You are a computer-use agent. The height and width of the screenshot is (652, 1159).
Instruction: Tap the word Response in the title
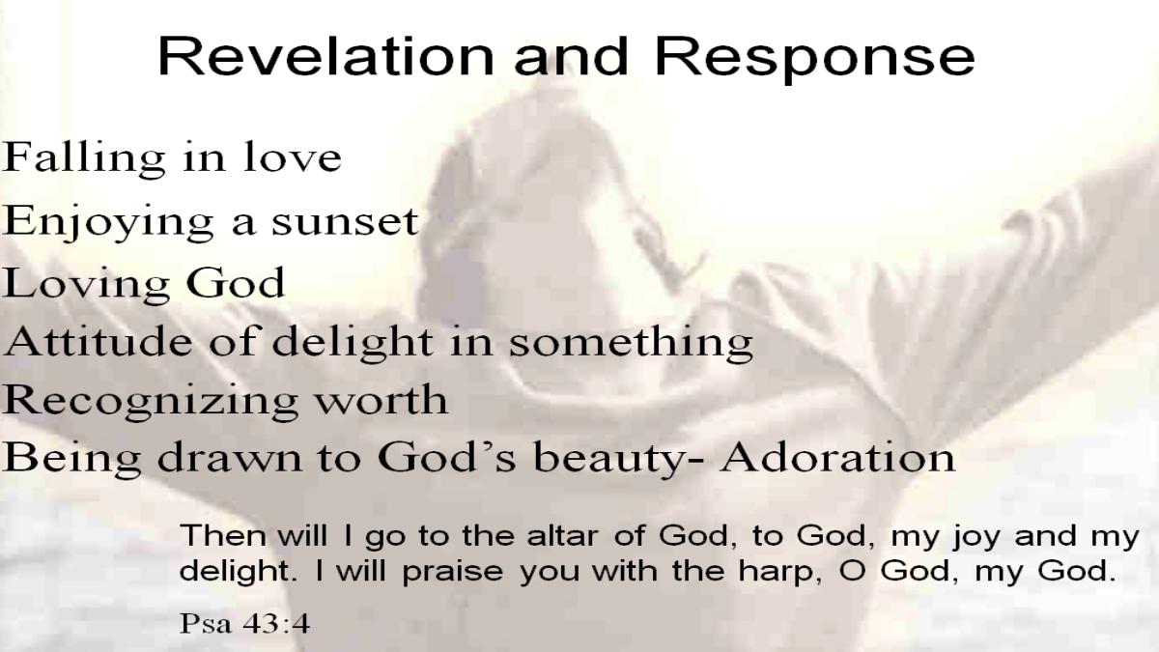pos(814,59)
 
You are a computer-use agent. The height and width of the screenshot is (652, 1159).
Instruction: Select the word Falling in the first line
pos(84,158)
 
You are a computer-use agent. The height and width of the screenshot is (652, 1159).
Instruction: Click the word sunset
pos(345,222)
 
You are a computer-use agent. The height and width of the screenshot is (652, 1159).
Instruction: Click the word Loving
pos(86,285)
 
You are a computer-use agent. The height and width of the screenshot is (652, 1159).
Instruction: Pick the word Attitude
pos(98,341)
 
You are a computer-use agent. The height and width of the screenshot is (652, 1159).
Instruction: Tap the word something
pos(631,344)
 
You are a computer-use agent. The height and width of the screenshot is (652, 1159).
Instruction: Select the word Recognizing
pos(150,402)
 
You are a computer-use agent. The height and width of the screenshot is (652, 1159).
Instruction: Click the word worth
pos(382,399)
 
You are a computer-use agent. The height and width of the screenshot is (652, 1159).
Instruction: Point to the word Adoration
pos(837,458)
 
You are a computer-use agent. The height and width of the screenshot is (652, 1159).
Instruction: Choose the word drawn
pos(229,458)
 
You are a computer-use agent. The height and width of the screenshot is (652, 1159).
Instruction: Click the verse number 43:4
pos(276,624)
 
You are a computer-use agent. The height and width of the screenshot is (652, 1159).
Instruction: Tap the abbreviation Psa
pos(206,624)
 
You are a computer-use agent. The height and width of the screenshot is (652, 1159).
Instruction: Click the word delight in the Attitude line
pos(353,344)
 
